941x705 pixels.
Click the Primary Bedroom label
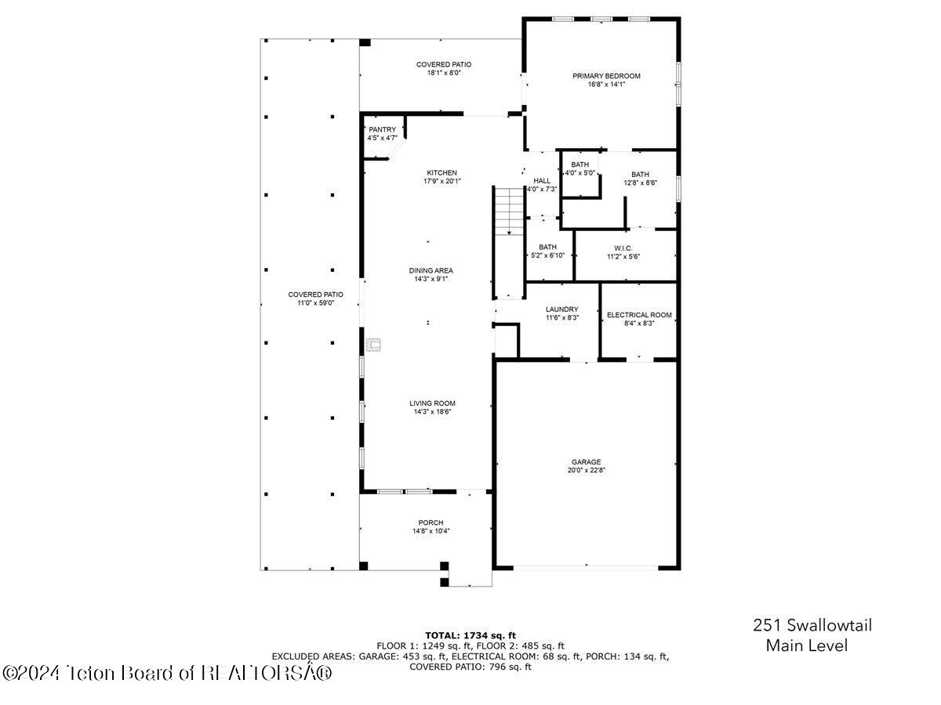coord(606,76)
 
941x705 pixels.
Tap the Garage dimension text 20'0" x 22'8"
coord(587,471)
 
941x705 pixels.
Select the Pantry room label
coord(383,129)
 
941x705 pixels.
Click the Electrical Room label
coord(639,315)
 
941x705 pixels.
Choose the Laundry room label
coord(561,309)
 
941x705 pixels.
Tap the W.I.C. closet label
coord(623,248)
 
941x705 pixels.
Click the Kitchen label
coord(441,172)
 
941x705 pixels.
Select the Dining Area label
coord(431,270)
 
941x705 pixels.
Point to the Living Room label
coord(431,403)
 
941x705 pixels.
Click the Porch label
coord(431,522)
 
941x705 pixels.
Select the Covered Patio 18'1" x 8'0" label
coord(444,64)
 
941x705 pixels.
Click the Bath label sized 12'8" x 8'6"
coord(640,174)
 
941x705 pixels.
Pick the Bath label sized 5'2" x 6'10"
coord(547,247)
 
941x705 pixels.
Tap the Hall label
coord(542,180)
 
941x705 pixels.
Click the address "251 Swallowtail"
coord(812,625)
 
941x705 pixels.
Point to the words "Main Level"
coord(806,646)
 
